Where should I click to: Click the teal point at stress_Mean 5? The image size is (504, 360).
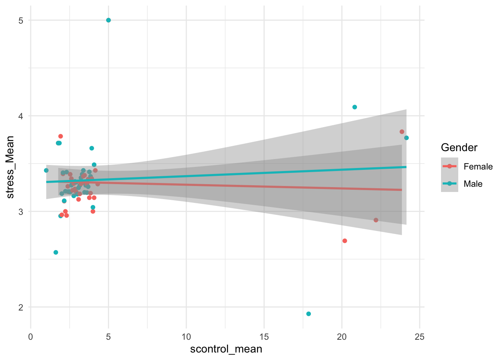point(108,20)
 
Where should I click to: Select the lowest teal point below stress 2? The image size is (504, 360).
point(309,314)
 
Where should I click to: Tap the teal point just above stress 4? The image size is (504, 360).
point(355,107)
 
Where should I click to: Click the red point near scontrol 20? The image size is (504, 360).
point(345,241)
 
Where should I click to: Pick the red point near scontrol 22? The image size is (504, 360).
point(376,220)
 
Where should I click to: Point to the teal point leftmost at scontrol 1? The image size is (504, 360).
point(46,170)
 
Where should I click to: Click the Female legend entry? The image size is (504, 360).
point(478,166)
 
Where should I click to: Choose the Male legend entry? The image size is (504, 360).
point(472,184)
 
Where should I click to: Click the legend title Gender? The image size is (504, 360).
point(459,148)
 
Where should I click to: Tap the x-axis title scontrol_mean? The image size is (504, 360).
point(226,349)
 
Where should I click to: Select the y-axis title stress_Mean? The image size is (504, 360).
point(10,167)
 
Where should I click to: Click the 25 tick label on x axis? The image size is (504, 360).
point(420,337)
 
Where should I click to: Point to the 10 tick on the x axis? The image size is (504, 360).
point(186,337)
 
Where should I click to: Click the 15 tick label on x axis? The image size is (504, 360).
point(264,337)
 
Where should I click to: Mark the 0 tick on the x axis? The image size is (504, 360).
point(31,337)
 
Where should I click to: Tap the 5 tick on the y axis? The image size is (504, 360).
point(21,20)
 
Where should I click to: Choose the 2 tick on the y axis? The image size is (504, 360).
point(21,307)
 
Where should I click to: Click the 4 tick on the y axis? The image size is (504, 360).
point(21,116)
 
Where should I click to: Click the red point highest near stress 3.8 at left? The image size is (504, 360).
point(60,136)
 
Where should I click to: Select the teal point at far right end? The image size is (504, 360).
point(406,138)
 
